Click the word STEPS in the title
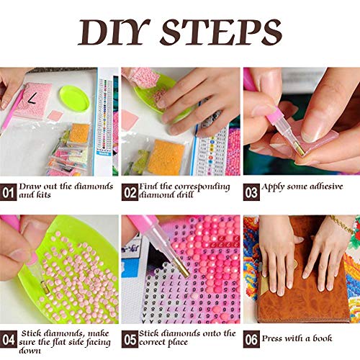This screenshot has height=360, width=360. point(221,32)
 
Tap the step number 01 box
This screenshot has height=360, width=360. point(9,192)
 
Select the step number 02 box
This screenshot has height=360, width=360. point(130,192)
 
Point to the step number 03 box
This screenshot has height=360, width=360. point(251,192)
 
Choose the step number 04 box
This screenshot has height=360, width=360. point(9,339)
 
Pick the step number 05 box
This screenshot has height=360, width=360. point(130,339)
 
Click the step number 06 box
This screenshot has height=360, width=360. point(251,339)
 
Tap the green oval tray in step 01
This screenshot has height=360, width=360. point(74,98)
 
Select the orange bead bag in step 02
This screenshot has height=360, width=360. point(166,157)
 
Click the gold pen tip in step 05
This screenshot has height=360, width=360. point(181,269)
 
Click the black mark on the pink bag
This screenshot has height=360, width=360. point(32,99)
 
